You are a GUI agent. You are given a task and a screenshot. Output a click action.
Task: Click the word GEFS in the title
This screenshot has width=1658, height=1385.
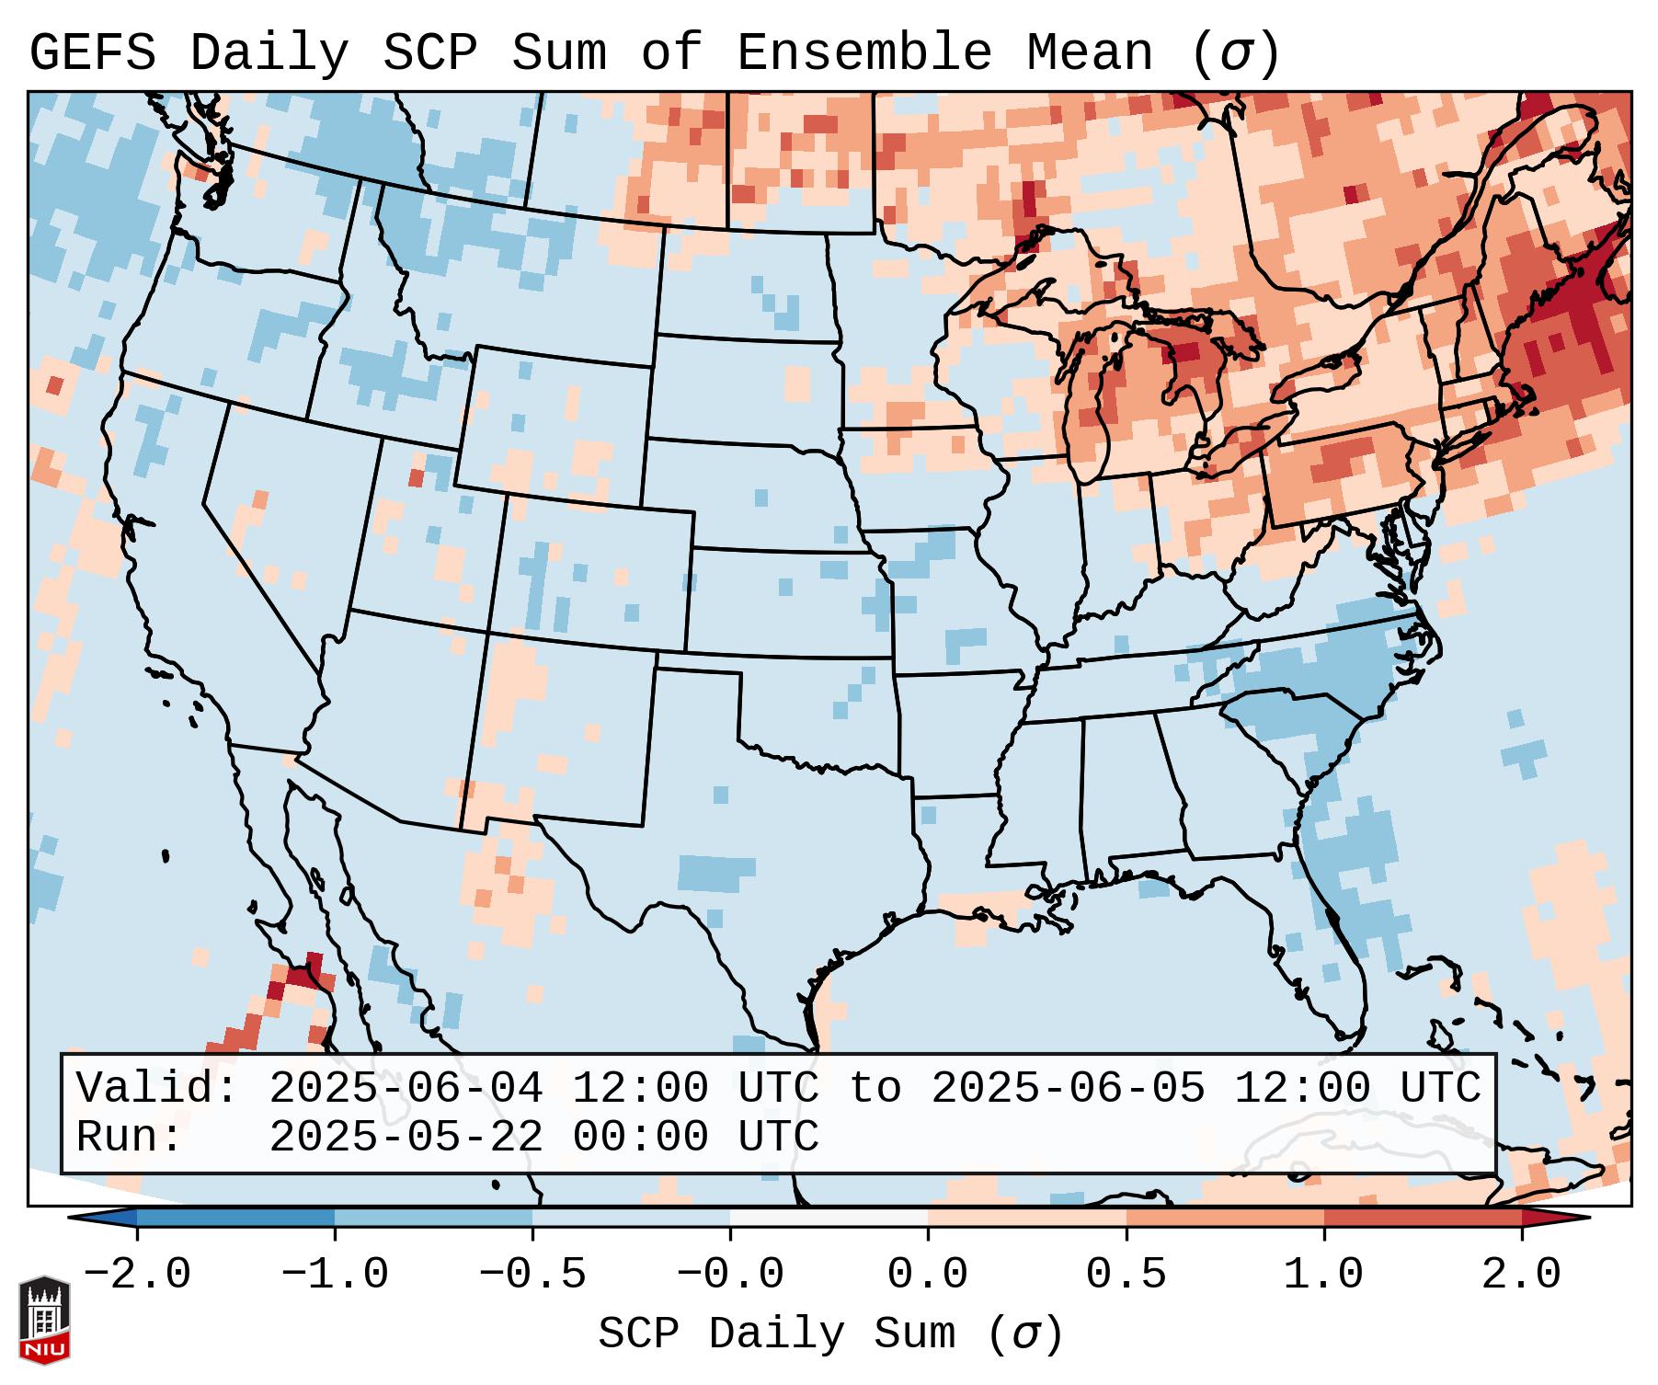tap(92, 53)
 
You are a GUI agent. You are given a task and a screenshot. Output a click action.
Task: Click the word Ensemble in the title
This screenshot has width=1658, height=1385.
tap(863, 53)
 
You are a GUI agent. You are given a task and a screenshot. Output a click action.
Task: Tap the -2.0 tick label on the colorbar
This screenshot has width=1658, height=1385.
tap(137, 1275)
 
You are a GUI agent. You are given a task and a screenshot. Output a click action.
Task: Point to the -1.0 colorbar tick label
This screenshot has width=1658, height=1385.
tap(335, 1275)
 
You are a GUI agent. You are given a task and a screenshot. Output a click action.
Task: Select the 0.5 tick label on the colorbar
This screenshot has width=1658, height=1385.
tap(1126, 1275)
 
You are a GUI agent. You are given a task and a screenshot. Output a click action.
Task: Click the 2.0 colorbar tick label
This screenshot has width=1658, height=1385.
tap(1521, 1275)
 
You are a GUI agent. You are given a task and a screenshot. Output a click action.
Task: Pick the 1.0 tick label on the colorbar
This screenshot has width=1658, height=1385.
tap(1323, 1275)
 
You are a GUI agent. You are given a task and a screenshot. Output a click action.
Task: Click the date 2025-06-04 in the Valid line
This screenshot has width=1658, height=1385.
tap(406, 1089)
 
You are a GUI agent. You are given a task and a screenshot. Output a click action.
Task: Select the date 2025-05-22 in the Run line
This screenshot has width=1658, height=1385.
tap(406, 1138)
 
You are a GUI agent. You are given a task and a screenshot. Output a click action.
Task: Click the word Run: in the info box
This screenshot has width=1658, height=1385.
tap(130, 1138)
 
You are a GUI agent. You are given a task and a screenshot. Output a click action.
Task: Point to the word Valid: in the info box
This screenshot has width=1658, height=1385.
tap(157, 1089)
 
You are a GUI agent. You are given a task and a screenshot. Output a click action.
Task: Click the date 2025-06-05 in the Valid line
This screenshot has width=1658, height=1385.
tap(1068, 1089)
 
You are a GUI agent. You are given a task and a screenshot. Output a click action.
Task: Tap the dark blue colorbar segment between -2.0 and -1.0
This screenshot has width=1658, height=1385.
tap(235, 1218)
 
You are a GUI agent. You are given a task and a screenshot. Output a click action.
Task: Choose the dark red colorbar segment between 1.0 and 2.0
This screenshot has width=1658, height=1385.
tap(1422, 1218)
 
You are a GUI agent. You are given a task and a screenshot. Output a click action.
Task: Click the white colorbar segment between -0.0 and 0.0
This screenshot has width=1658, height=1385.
tap(829, 1218)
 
